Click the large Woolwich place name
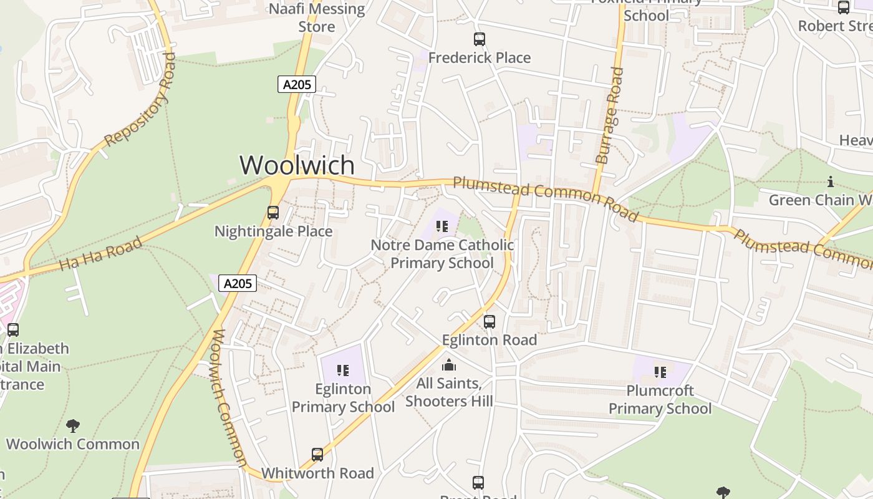tap(297, 165)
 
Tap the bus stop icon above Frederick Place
tap(479, 39)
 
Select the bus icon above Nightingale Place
tap(273, 213)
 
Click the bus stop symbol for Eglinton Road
tap(490, 322)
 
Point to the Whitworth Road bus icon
tap(317, 455)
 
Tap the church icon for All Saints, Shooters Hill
tap(449, 365)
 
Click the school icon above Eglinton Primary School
tap(342, 371)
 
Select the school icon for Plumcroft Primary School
tap(660, 372)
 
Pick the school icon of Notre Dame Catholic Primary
tap(442, 226)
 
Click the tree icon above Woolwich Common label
tap(73, 426)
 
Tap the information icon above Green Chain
tap(831, 182)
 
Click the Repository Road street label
tap(140, 100)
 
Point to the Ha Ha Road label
tap(100, 254)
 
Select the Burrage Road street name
tap(610, 115)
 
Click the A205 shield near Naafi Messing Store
tap(296, 84)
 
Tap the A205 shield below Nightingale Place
tap(238, 284)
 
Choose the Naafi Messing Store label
tap(317, 17)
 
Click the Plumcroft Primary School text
tap(660, 400)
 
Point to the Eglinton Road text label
tap(490, 340)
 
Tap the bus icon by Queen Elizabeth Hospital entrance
tap(13, 330)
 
